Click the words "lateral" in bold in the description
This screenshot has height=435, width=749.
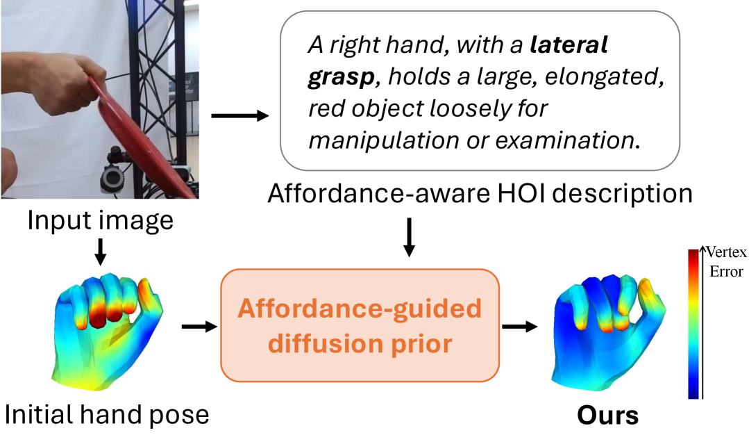click(x=569, y=44)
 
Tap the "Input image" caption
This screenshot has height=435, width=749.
click(x=101, y=220)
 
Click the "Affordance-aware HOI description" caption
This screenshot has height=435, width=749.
click(x=480, y=194)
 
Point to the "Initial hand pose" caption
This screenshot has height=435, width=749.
click(x=106, y=414)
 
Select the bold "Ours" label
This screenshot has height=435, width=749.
click(x=607, y=416)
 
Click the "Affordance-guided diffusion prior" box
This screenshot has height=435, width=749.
click(x=360, y=325)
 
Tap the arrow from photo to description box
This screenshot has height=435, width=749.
click(x=239, y=115)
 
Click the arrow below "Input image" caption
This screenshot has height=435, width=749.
click(x=101, y=252)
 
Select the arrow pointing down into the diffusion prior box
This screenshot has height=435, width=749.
click(x=409, y=238)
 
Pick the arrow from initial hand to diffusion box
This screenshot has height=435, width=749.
click(x=200, y=327)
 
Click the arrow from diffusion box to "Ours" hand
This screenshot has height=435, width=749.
click(x=520, y=327)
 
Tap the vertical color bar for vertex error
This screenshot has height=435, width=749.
click(x=693, y=324)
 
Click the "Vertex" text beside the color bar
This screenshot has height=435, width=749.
click(x=726, y=252)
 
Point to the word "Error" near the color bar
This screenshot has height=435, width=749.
click(x=726, y=272)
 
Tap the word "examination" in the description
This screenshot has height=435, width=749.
click(x=568, y=140)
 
